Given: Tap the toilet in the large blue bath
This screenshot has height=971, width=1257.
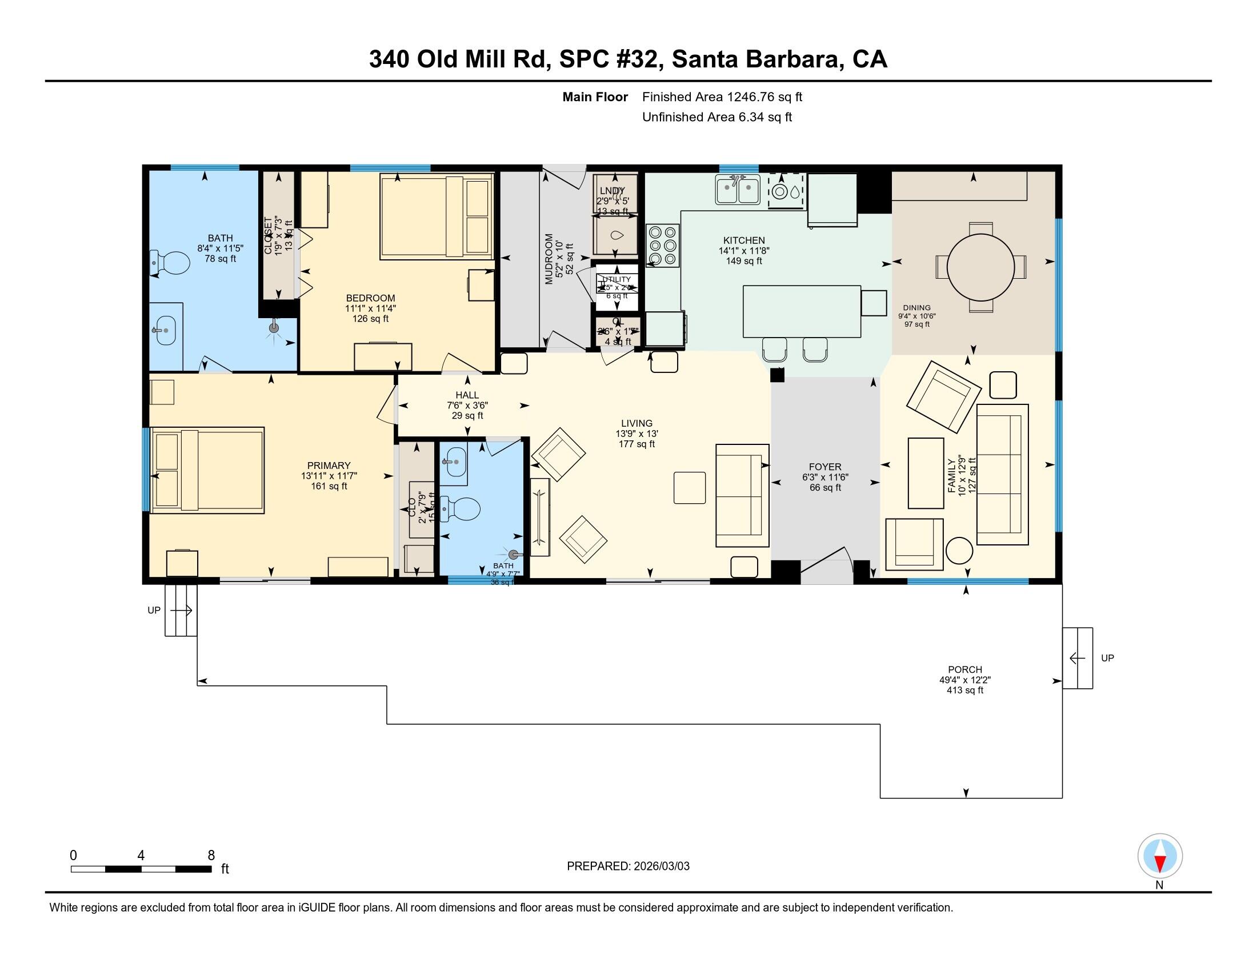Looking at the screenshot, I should coord(170,263).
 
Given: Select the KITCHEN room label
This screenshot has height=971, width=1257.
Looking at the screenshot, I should coord(743,240).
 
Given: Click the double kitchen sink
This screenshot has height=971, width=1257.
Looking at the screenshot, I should coord(737,190).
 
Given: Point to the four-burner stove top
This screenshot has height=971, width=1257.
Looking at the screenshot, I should coord(662,246).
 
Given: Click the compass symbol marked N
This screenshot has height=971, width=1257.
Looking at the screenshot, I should coord(1160,856).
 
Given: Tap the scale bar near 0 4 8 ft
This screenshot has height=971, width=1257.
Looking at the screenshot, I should coord(141,869).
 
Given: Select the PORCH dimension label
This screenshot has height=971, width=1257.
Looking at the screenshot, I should coord(964,679).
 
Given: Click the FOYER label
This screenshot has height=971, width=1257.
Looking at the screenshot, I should coord(824,467).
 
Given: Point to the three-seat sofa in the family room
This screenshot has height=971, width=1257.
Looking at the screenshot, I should coord(1002,475).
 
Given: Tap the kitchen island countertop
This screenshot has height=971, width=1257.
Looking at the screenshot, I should coord(801,311).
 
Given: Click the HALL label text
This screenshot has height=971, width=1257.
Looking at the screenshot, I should coord(467,395).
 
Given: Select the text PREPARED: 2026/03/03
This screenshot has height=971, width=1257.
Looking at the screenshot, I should coord(628,866).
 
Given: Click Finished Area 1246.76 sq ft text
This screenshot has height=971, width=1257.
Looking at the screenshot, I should coord(722,97).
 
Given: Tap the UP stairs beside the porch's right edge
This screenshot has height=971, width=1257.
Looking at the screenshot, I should coord(1077,657).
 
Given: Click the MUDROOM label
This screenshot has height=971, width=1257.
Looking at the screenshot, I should coord(549,259).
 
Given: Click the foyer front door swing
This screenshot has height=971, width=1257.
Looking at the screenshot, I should coord(827,564).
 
